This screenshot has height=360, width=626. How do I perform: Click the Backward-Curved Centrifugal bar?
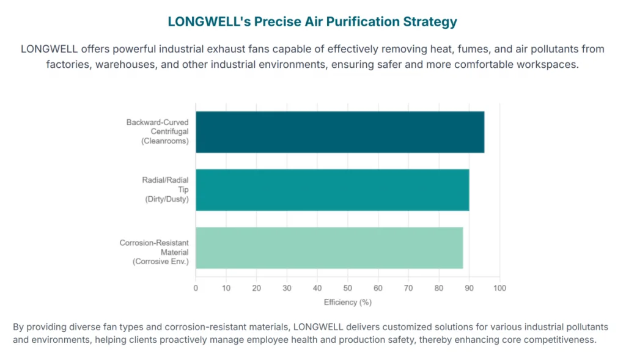click(x=340, y=132)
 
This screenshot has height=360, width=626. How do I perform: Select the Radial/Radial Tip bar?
click(x=332, y=190)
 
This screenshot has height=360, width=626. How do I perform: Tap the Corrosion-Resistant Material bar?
click(x=330, y=248)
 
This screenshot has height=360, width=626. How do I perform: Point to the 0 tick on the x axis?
click(x=196, y=288)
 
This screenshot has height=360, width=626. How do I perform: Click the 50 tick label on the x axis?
click(x=347, y=288)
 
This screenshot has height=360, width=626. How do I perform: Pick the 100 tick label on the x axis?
click(x=499, y=288)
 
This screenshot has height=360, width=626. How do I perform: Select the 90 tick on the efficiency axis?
click(x=469, y=288)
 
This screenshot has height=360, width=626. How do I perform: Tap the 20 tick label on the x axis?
click(x=256, y=288)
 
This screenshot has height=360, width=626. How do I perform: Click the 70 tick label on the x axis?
click(x=408, y=288)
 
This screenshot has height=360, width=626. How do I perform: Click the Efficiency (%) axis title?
click(x=347, y=302)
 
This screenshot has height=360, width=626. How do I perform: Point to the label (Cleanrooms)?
click(x=165, y=141)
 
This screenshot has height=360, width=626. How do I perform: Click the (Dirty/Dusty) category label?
click(x=167, y=199)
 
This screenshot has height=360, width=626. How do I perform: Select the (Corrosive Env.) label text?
click(x=161, y=262)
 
